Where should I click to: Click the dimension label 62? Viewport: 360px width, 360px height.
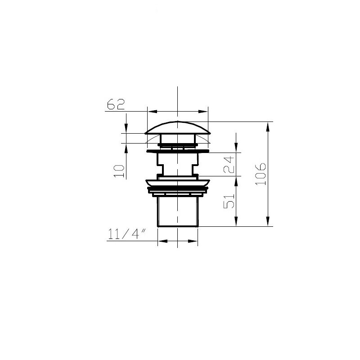click(x=116, y=104)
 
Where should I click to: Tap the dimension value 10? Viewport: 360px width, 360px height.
click(x=119, y=171)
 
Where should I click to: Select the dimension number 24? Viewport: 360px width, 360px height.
click(x=229, y=165)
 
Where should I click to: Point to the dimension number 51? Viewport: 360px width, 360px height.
click(x=229, y=201)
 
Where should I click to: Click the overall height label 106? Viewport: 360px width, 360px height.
click(x=261, y=174)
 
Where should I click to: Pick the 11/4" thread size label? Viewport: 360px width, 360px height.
click(x=126, y=234)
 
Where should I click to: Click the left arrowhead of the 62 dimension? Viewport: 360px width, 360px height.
click(x=153, y=112)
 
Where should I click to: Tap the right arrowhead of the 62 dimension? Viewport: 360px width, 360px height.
click(x=203, y=112)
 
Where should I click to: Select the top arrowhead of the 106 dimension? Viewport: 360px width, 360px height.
click(x=268, y=127)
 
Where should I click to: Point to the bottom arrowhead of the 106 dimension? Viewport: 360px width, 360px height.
click(x=268, y=221)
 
